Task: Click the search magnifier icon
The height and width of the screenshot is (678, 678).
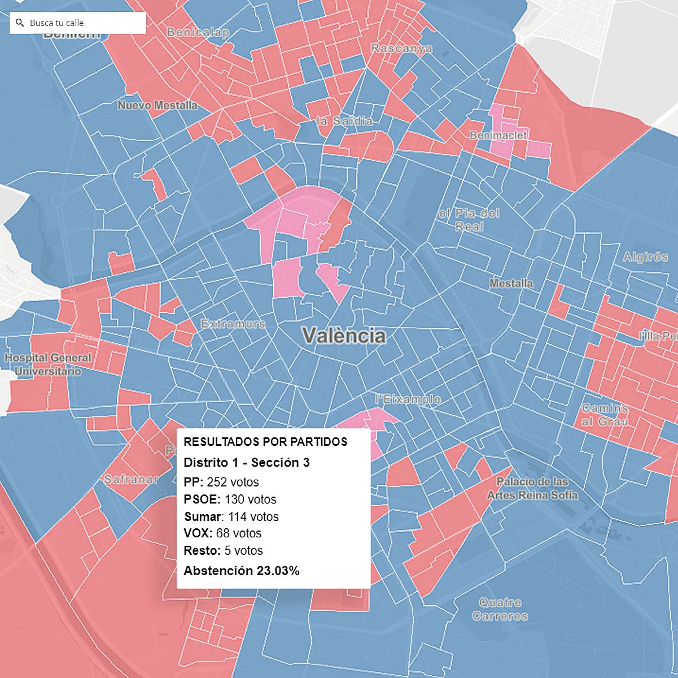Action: (x=20, y=23)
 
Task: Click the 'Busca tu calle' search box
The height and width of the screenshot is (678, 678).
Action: (x=82, y=23)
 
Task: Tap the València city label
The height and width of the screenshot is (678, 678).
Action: (x=344, y=336)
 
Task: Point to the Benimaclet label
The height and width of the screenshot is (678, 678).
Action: (x=498, y=136)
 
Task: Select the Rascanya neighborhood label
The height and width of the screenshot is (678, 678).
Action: (x=401, y=49)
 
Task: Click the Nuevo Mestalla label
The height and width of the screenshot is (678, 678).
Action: (x=158, y=105)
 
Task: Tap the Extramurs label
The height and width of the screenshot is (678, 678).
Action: (x=233, y=324)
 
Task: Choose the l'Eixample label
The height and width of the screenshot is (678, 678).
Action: (x=408, y=399)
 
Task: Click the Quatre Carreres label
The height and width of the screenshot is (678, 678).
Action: (x=500, y=610)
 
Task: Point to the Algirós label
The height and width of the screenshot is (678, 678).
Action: (x=645, y=257)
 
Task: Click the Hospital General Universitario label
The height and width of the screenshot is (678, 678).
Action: (x=48, y=364)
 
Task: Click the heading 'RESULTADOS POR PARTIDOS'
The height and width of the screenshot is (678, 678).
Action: (x=265, y=442)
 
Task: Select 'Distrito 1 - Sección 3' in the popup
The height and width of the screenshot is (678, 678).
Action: (x=247, y=463)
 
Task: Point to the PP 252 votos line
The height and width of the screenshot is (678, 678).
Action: (x=221, y=483)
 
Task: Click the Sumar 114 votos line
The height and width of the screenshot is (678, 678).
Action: (x=231, y=517)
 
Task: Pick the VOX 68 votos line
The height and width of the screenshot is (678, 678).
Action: (x=222, y=533)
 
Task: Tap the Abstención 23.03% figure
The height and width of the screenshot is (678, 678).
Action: (x=242, y=571)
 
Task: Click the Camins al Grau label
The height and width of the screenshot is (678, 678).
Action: (x=605, y=415)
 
